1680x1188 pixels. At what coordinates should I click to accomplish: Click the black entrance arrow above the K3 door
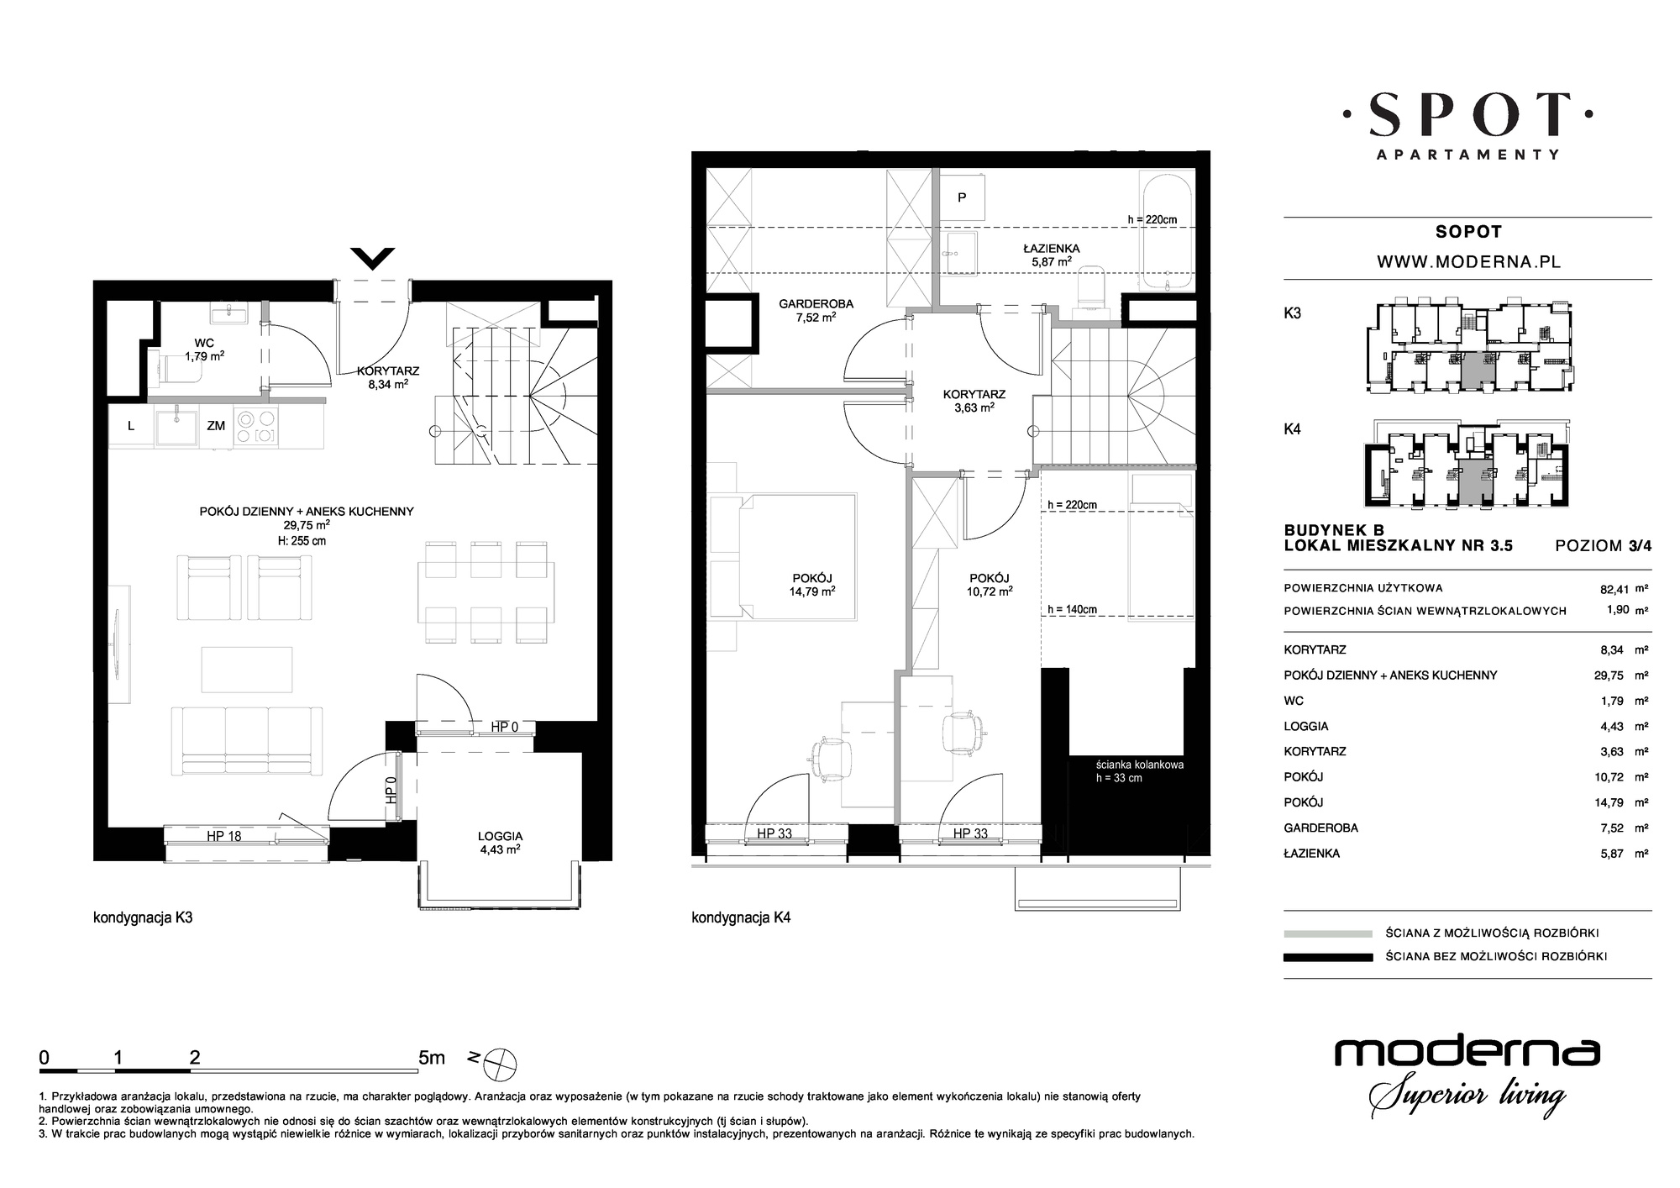(372, 258)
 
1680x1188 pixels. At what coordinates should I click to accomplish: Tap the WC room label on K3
(204, 343)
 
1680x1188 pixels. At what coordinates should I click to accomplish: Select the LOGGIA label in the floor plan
(501, 836)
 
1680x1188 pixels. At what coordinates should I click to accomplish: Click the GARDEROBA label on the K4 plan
(805, 303)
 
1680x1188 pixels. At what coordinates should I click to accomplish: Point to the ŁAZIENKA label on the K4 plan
(1051, 248)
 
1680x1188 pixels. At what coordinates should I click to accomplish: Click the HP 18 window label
(224, 836)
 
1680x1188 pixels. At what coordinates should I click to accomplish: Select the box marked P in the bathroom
(963, 198)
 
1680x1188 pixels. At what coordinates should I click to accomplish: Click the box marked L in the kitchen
(131, 426)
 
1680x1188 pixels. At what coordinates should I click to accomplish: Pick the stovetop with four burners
(256, 426)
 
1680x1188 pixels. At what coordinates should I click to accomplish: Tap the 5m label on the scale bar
(431, 1058)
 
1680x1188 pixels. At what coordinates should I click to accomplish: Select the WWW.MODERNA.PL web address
(1468, 261)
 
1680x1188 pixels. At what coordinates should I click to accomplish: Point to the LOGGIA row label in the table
(1306, 726)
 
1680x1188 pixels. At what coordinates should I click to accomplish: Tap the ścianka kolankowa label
(1140, 765)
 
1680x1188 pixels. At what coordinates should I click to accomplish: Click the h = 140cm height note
(1072, 610)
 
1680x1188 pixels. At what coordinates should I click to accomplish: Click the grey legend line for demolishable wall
(1328, 933)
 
